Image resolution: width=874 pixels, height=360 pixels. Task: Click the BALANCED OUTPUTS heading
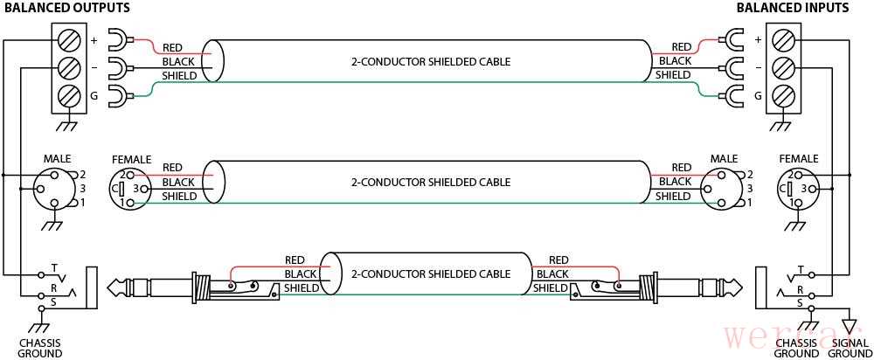[x=67, y=8]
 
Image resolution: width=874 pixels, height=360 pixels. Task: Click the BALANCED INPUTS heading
[x=792, y=8]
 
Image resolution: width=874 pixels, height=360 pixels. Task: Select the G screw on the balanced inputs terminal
[x=785, y=95]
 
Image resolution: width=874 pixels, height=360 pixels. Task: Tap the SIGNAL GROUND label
[x=850, y=348]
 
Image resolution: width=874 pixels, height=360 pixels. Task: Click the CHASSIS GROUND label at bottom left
[x=40, y=348]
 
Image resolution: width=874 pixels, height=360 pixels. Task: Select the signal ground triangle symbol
[x=849, y=317]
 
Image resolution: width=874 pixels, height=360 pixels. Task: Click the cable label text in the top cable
[x=430, y=62]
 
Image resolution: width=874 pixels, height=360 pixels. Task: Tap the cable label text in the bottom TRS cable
[x=430, y=273]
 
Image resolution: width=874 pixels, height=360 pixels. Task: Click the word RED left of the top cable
[x=172, y=47]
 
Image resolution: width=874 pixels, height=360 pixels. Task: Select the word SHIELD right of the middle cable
[x=673, y=197]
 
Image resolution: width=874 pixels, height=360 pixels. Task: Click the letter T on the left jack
[x=54, y=267]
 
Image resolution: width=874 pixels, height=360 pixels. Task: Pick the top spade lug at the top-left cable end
[x=120, y=38]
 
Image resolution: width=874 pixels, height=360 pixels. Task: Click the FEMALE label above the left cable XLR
[x=131, y=159]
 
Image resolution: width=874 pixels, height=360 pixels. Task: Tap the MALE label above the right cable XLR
[x=724, y=159]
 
